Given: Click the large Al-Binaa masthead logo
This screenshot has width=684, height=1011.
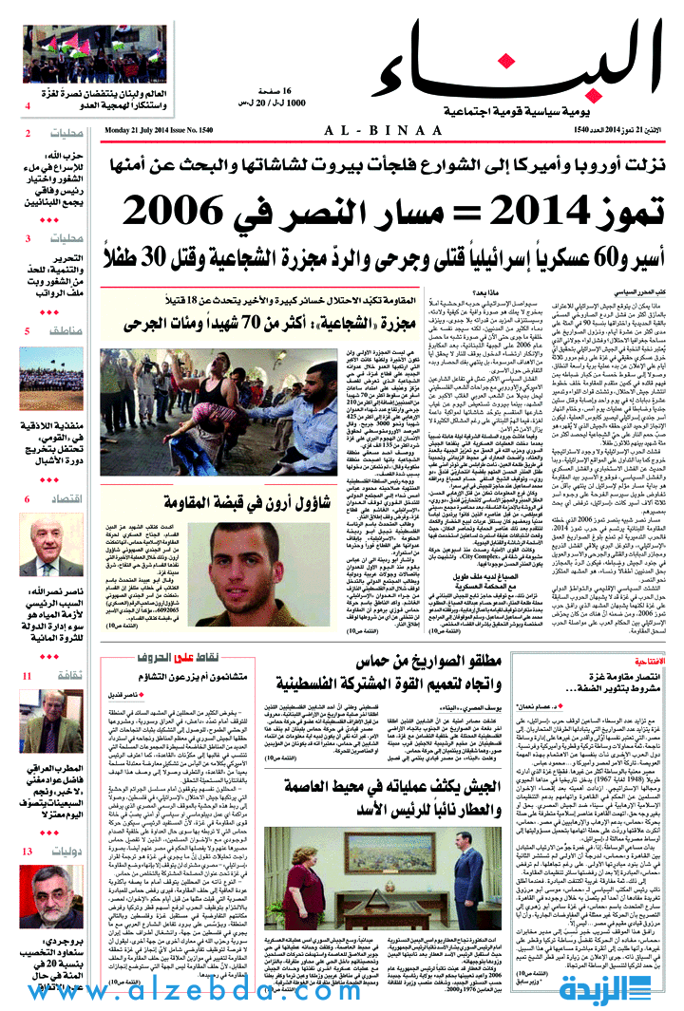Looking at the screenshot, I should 518,62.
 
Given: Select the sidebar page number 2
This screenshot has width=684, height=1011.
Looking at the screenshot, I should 29,133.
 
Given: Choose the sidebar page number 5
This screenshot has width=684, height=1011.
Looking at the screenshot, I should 28,330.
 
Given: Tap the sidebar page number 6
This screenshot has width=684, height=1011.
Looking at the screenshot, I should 28,498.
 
